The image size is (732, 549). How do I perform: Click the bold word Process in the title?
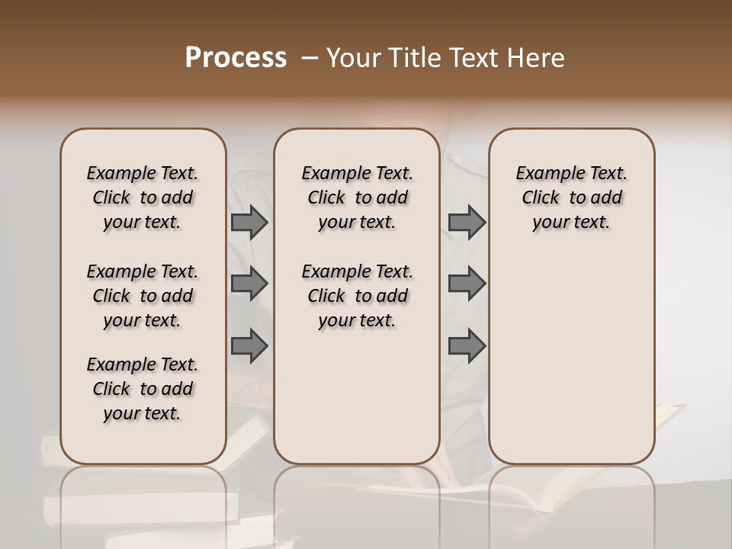[x=236, y=58]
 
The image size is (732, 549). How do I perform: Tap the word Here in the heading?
[x=537, y=58]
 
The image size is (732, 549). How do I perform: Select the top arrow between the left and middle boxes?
[x=249, y=223]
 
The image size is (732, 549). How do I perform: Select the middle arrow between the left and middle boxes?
[x=249, y=284]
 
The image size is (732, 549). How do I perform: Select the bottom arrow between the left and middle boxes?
[x=249, y=346]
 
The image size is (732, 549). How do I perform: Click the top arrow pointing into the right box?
[x=467, y=223]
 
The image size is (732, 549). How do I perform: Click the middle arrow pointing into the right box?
[x=467, y=284]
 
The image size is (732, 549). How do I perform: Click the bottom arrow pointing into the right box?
[x=467, y=346]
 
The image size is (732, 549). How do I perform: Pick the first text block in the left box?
[x=143, y=197]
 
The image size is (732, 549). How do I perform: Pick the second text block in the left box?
[x=143, y=296]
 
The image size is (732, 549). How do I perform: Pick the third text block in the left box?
[x=143, y=389]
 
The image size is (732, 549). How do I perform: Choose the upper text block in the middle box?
[x=357, y=197]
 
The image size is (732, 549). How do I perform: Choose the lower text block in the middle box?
[x=357, y=296]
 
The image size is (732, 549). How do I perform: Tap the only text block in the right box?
[x=571, y=197]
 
